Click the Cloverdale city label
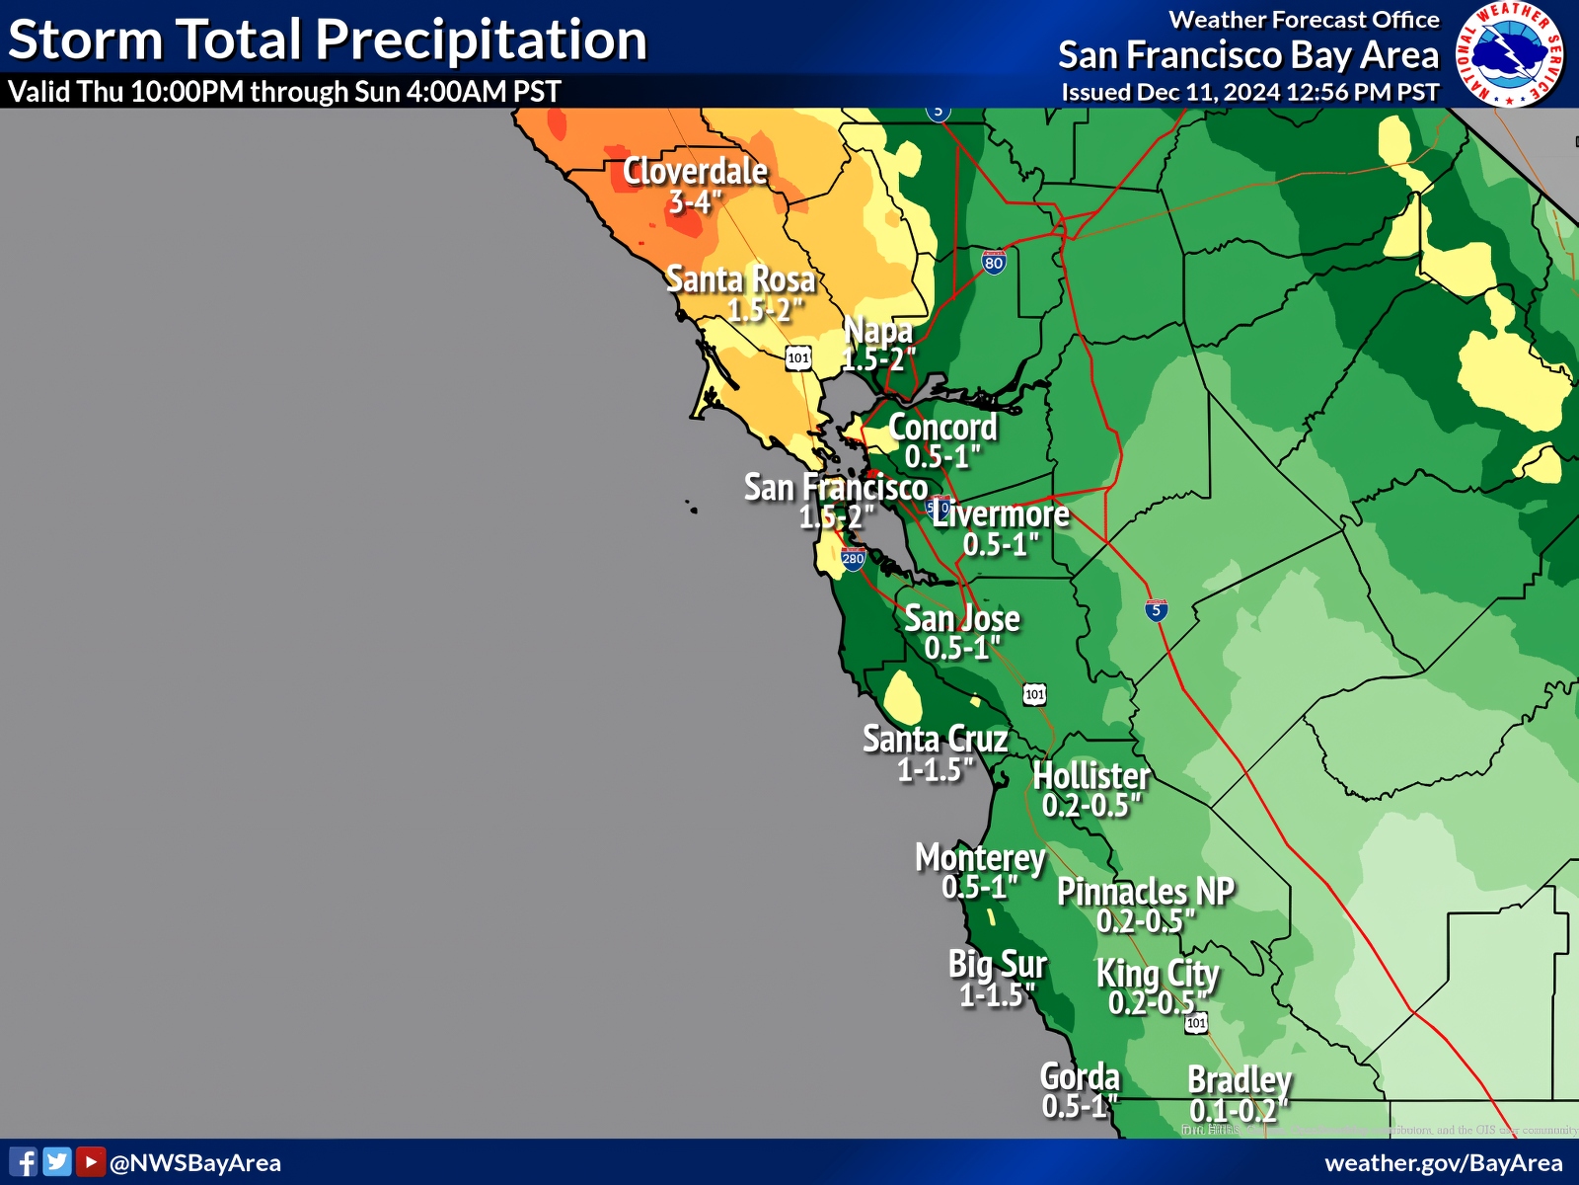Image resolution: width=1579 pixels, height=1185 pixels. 695,172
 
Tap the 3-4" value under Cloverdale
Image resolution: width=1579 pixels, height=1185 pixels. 695,202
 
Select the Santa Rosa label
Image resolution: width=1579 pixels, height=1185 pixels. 740,279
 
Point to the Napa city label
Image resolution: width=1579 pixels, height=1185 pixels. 877,330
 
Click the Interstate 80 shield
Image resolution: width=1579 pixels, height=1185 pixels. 994,262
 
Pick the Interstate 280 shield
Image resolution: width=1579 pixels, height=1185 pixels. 853,559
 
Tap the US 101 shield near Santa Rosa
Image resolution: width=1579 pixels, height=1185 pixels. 798,357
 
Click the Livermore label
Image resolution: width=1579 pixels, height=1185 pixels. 1001,514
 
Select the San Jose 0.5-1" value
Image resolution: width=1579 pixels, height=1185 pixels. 962,649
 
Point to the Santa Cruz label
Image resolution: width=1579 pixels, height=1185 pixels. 935,739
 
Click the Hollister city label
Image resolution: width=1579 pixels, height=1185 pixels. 1091,776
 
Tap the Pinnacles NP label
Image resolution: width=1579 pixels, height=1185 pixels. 1146,892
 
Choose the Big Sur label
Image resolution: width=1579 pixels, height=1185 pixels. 997,964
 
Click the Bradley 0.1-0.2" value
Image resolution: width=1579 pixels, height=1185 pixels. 1239,1110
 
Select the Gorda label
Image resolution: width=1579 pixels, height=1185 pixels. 1080,1076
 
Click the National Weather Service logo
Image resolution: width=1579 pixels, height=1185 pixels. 1510,54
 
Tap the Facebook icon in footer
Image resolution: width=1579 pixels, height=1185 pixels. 24,1162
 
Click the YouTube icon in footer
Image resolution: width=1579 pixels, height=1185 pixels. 90,1162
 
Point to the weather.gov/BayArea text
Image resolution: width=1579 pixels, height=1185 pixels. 1443,1163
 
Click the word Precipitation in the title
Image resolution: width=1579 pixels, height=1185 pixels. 482,41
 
